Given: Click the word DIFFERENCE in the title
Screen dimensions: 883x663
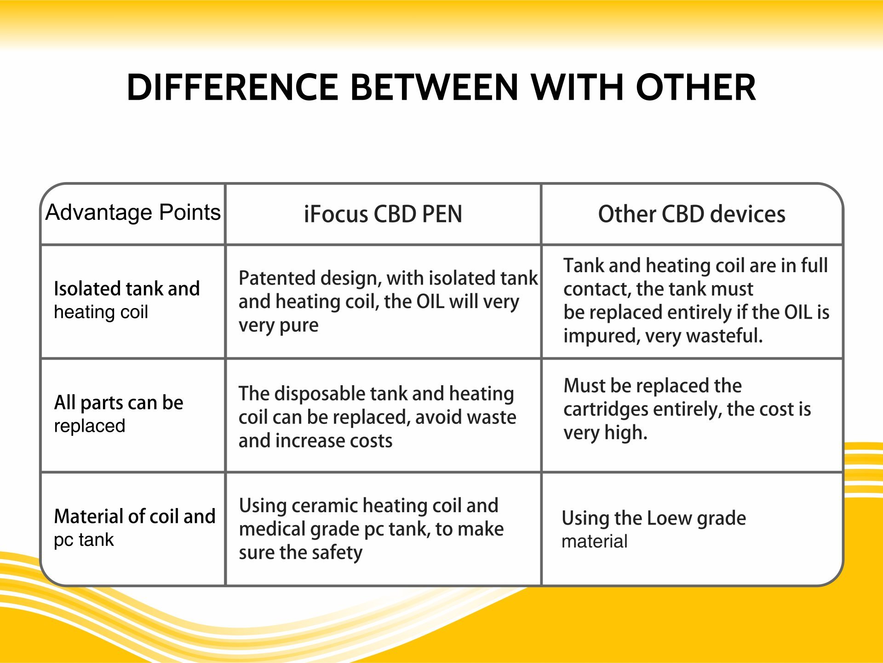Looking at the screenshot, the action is [233, 87].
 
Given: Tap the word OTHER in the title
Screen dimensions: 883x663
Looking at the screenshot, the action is [696, 87].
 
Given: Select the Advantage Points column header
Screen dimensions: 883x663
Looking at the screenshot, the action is [133, 212].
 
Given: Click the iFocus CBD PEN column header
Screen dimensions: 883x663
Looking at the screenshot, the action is [383, 214].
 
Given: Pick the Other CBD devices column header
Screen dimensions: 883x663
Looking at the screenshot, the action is [692, 214].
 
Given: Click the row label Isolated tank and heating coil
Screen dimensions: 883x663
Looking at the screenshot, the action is [127, 300].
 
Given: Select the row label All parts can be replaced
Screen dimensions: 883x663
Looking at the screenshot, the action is [119, 414].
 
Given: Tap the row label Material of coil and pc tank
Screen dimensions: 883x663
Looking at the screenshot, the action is [135, 528].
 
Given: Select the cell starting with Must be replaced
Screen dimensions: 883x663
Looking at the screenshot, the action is [687, 409].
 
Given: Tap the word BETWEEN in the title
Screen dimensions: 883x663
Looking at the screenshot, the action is [435, 87].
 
